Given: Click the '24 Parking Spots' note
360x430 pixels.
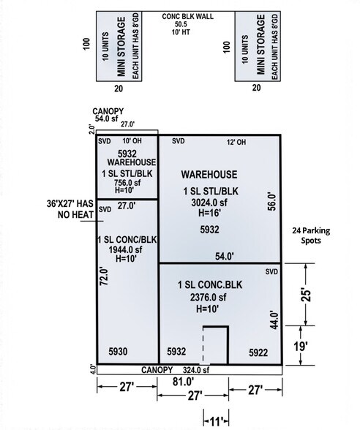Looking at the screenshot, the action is coord(311,235).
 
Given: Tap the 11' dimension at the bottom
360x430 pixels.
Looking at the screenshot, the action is coord(217,421).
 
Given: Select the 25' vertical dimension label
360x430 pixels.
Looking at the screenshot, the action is coord(306,295).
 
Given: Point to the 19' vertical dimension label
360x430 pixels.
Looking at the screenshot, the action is coord(301,347).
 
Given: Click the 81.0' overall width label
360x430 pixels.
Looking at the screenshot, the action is coord(183,382).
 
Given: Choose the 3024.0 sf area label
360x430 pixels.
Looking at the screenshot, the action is coord(209,203).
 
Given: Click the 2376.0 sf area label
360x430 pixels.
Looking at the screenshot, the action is coord(209,297).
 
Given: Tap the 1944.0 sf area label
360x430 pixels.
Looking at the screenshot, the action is coord(125,249).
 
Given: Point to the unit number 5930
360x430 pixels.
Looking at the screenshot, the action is coord(118,351).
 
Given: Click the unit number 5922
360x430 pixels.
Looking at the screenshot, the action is coord(258,352).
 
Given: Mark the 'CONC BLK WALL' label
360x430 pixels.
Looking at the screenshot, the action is coord(187,16).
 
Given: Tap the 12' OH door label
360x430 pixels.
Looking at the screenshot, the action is coord(236,142).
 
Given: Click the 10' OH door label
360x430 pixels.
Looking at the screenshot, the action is coord(132,140).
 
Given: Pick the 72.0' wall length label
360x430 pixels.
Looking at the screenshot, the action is coord(104,276).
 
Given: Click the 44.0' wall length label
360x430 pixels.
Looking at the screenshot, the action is coord(274,320).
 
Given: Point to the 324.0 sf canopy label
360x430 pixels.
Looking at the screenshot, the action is coord(196,370).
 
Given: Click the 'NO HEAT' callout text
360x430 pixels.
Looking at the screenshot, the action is coord(76,215).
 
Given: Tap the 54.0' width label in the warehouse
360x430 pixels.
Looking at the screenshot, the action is coord(225,257).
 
